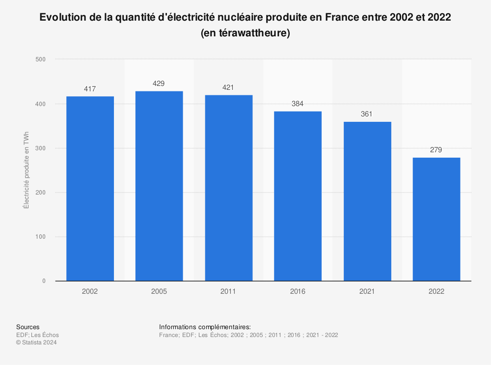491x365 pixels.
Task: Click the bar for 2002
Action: pyautogui.click(x=90, y=189)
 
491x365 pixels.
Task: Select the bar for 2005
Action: pyautogui.click(x=159, y=186)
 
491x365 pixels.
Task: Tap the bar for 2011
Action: pyautogui.click(x=228, y=188)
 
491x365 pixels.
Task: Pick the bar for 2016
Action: pyautogui.click(x=298, y=196)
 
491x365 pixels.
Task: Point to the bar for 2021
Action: pyautogui.click(x=367, y=201)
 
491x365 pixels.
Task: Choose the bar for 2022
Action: pyautogui.click(x=436, y=219)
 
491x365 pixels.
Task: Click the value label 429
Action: pyautogui.click(x=159, y=84)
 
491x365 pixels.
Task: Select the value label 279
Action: pyautogui.click(x=436, y=150)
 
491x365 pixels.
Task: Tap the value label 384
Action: pyautogui.click(x=298, y=104)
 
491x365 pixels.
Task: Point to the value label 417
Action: pyautogui.click(x=90, y=89)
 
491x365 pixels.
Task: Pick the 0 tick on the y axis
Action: pyautogui.click(x=44, y=281)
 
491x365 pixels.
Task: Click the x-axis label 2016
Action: pyautogui.click(x=298, y=291)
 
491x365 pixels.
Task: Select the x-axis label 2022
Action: pyautogui.click(x=436, y=291)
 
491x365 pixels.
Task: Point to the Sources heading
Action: pyautogui.click(x=28, y=327)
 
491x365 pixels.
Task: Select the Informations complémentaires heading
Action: pyautogui.click(x=205, y=327)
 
